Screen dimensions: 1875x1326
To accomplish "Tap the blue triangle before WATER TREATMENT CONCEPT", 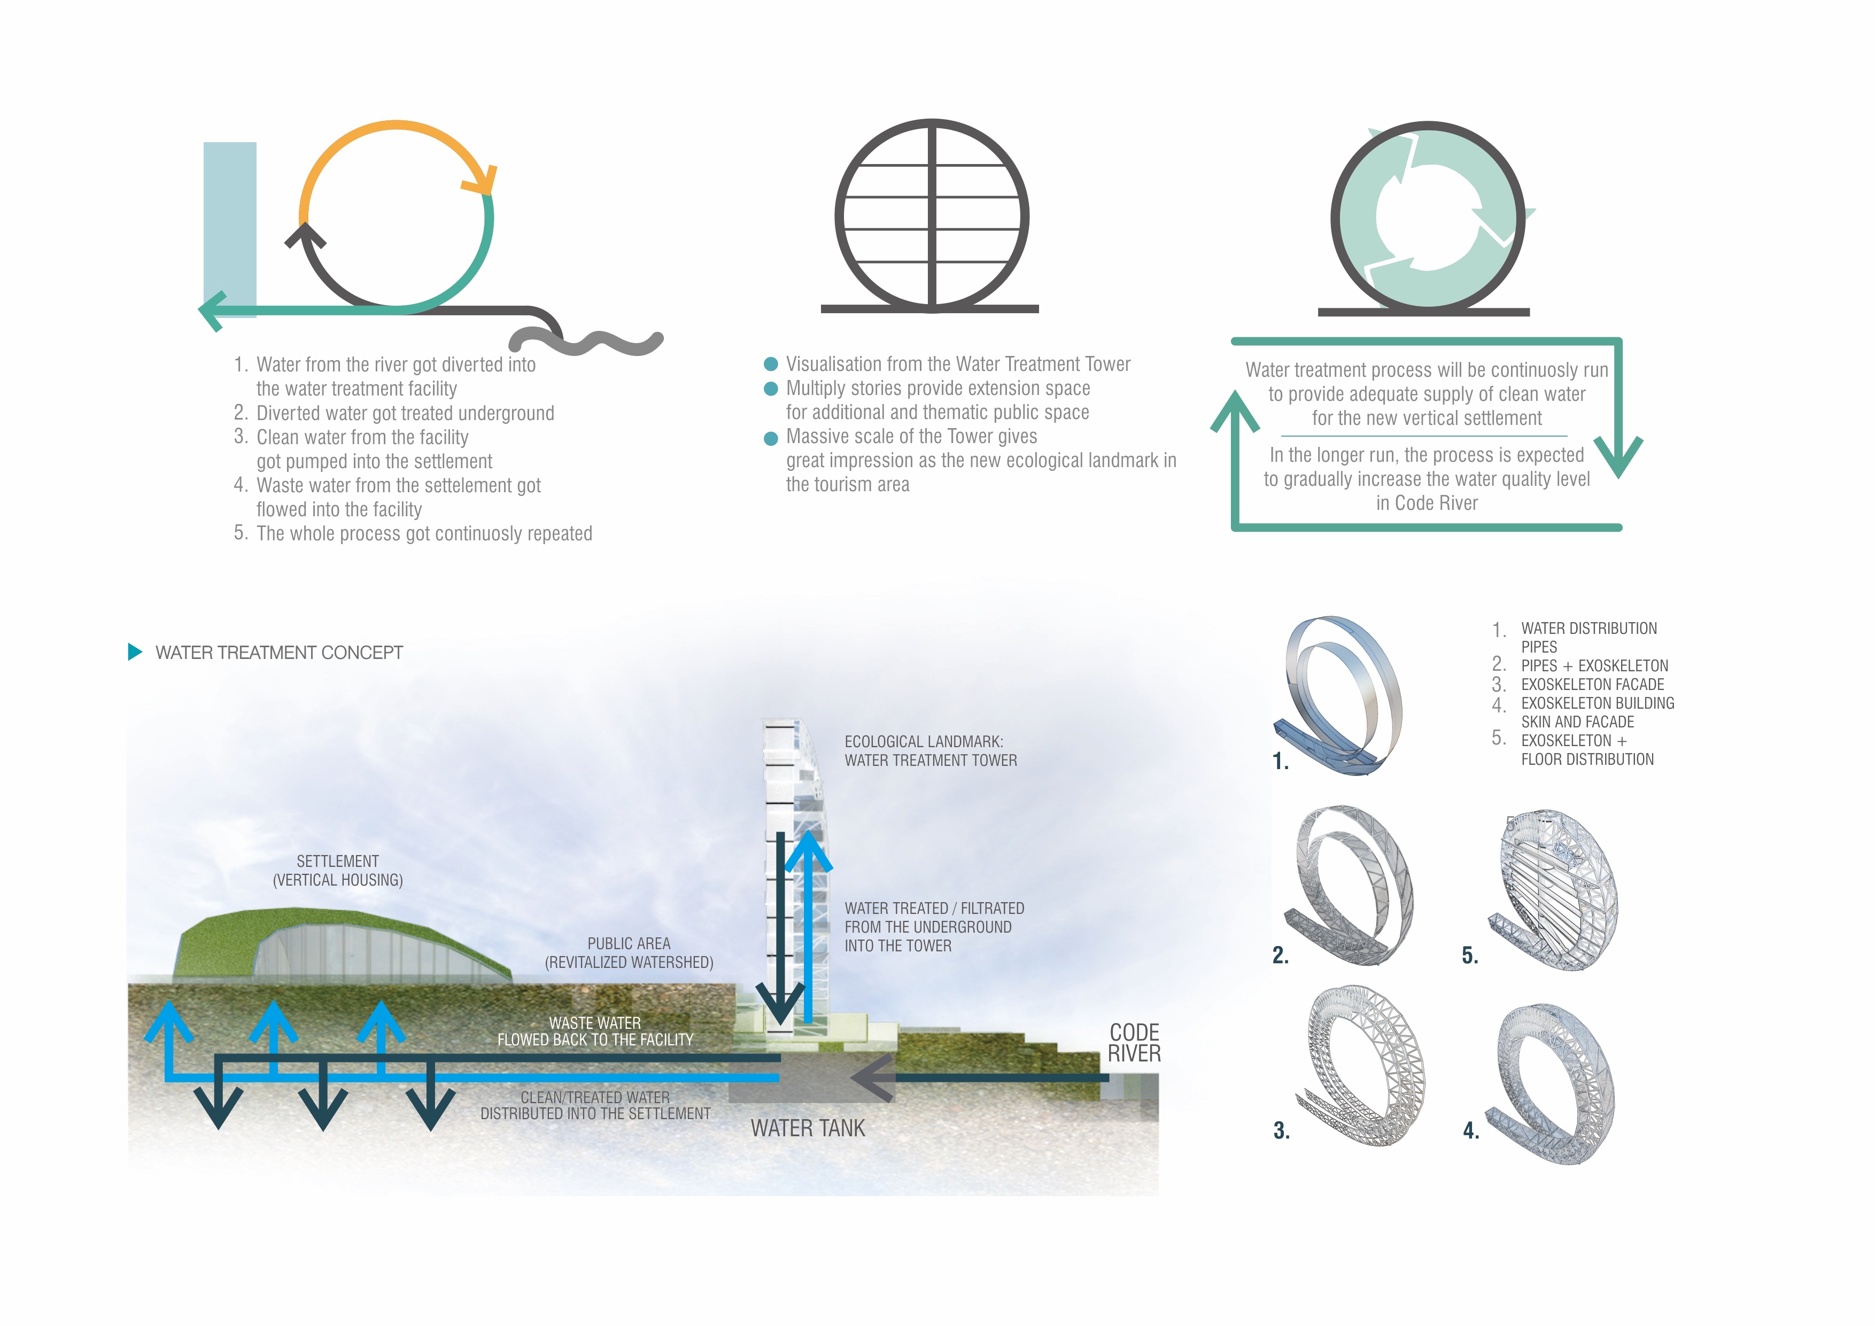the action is coord(135,652).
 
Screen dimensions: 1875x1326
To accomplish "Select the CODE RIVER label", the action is coord(1134,1043).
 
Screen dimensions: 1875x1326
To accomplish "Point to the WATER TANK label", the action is coord(807,1128).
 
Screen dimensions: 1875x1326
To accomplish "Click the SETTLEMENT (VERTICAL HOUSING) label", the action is coord(337,871).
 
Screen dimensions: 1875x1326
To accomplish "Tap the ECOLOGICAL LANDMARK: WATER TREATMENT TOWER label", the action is coord(930,750).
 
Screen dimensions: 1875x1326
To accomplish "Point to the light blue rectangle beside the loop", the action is coord(229,220).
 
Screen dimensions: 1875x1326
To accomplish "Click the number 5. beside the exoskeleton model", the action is coord(1469,955).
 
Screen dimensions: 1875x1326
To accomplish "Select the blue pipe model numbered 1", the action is coord(1339,694).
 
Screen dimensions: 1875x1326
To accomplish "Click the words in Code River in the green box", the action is coord(1427,503).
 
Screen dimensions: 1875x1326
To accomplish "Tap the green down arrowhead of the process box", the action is coord(1618,457).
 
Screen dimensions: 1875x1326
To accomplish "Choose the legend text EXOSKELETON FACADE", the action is coord(1592,684).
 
